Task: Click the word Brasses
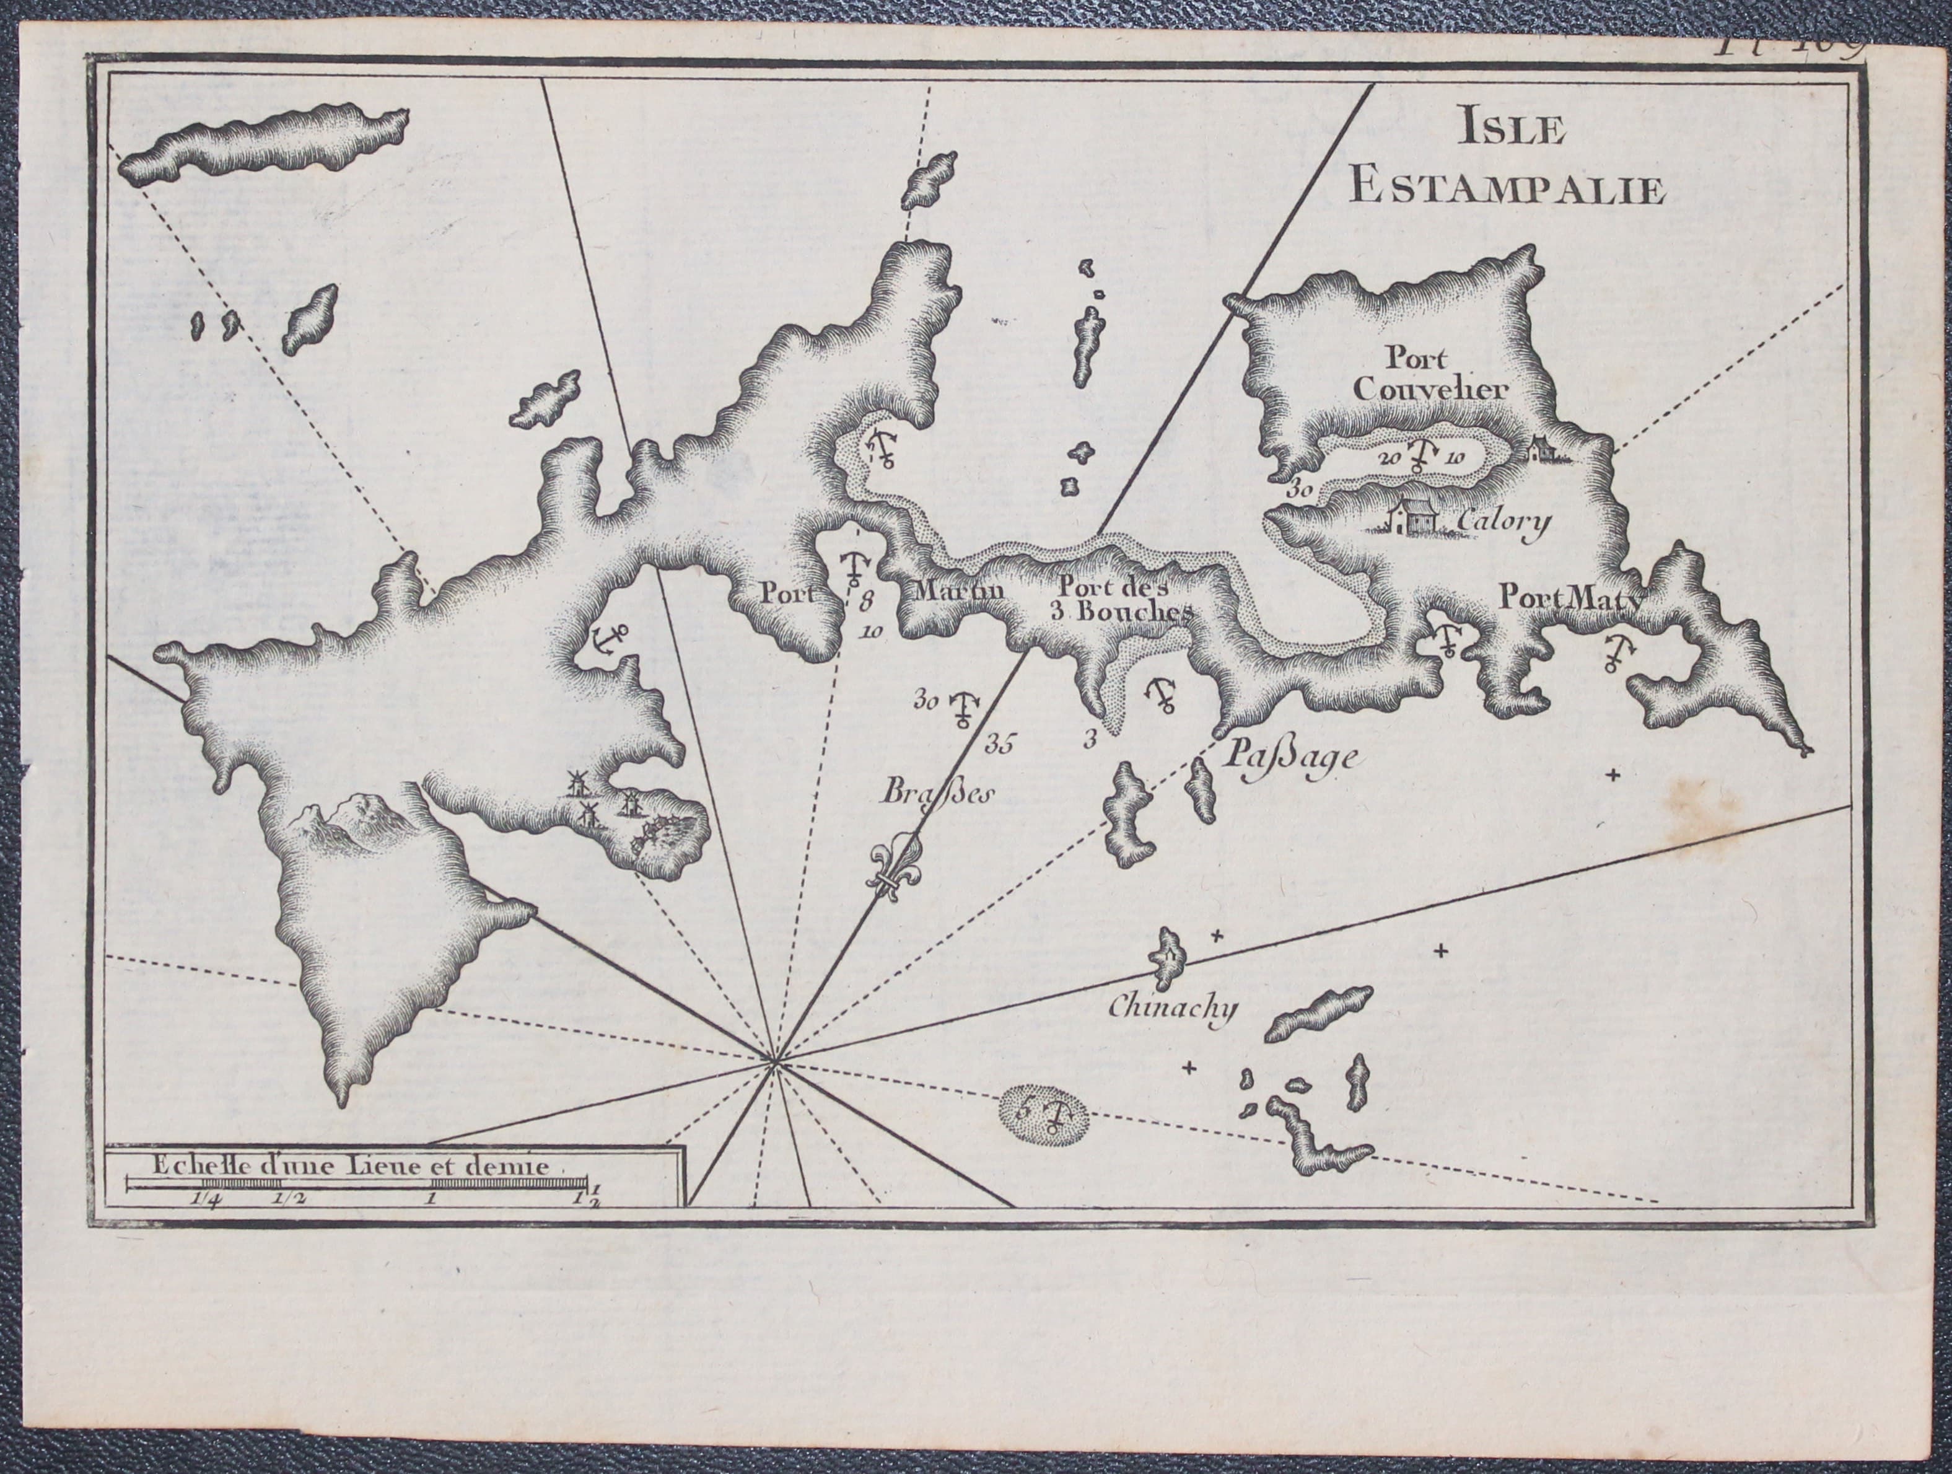(937, 792)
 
